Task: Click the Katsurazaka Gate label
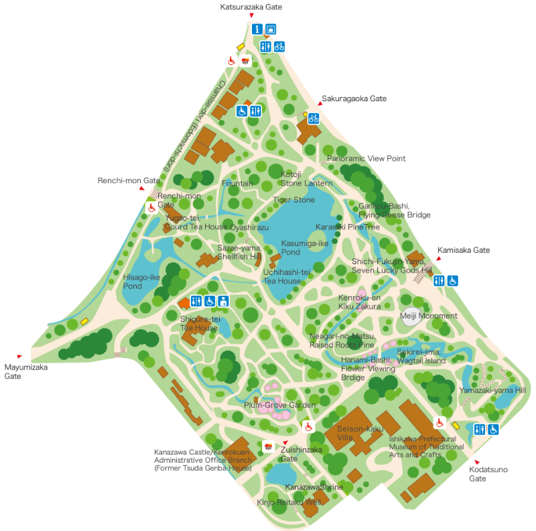(251, 7)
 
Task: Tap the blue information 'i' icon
(257, 29)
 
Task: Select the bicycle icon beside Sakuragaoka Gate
(313, 118)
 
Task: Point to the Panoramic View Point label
(366, 159)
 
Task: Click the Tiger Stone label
(293, 200)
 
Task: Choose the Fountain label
(237, 183)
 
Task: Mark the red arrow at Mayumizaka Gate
(19, 356)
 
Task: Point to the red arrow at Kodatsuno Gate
(477, 462)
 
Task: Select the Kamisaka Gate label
(464, 250)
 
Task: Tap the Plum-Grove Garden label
(279, 405)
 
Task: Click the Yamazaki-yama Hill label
(492, 390)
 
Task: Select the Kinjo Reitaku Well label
(289, 501)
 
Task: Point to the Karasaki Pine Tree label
(348, 227)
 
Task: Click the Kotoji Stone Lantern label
(306, 179)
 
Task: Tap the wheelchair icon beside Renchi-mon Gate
(151, 208)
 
